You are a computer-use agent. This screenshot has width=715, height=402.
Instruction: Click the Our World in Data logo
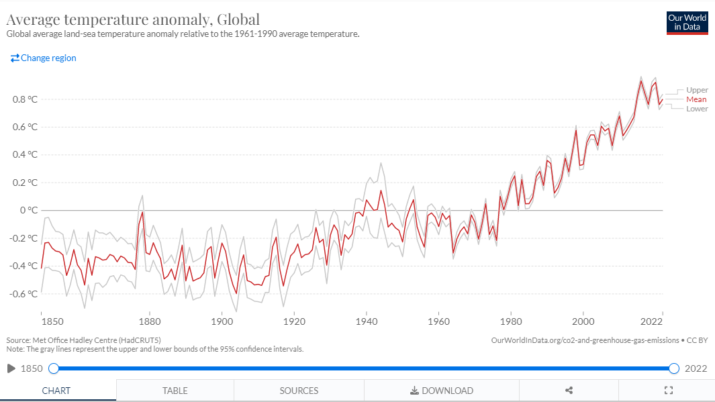pyautogui.click(x=687, y=22)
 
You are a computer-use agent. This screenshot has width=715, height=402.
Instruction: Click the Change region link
pyautogui.click(x=44, y=58)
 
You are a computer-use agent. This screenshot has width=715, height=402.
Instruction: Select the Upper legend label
pyautogui.click(x=697, y=90)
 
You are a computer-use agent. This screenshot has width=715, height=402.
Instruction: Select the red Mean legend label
pyautogui.click(x=696, y=99)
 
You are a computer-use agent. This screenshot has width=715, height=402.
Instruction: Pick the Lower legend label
pyautogui.click(x=697, y=109)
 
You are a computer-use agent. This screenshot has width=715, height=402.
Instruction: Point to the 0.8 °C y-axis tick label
pyautogui.click(x=24, y=99)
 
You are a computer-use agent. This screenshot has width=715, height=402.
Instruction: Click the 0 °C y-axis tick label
pyautogui.click(x=28, y=210)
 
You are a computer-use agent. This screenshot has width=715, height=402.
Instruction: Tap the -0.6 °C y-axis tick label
pyautogui.click(x=23, y=293)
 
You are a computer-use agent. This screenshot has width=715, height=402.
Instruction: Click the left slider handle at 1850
pyautogui.click(x=54, y=368)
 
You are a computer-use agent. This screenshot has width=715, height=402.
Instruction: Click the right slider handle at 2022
pyautogui.click(x=674, y=368)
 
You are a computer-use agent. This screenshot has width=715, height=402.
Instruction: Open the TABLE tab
pyautogui.click(x=175, y=391)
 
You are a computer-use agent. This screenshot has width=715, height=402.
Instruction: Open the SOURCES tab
pyautogui.click(x=299, y=391)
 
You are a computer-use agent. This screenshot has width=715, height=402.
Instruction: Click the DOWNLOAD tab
pyautogui.click(x=442, y=391)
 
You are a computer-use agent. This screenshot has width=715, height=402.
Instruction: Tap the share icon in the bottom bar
pyautogui.click(x=569, y=391)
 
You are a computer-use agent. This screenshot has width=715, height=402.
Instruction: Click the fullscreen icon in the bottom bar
pyautogui.click(x=668, y=391)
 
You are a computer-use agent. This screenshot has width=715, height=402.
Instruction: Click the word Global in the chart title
pyautogui.click(x=238, y=18)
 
